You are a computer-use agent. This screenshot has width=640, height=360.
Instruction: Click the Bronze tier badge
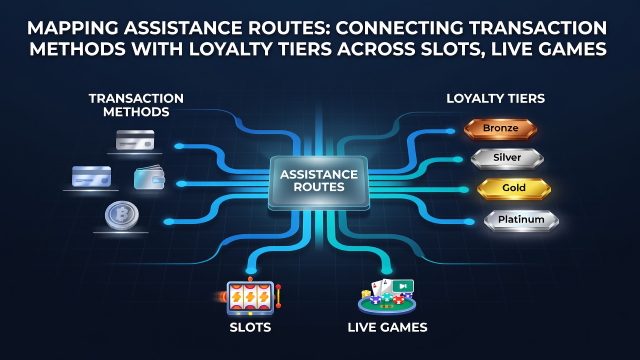500,129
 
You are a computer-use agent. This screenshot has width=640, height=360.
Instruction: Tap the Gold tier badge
514,189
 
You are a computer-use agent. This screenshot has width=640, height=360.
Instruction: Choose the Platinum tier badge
521,220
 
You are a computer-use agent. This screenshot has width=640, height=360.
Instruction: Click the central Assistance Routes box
319,183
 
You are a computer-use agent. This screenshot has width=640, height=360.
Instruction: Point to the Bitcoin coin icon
121,215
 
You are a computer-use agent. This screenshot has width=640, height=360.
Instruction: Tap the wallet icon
149,177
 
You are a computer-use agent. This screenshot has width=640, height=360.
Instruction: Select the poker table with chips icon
387,297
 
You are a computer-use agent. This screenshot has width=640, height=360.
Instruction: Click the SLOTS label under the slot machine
250,327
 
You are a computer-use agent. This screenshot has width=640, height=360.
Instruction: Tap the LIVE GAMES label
387,327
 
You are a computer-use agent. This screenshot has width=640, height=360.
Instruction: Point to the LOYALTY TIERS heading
495,98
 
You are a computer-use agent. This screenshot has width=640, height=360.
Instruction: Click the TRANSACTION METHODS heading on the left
136,105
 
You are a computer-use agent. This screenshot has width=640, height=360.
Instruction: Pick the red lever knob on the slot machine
278,287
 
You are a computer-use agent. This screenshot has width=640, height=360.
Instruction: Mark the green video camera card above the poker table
403,286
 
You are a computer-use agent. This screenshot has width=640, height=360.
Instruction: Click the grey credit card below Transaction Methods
135,140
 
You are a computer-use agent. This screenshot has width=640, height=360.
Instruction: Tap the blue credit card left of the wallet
91,176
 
